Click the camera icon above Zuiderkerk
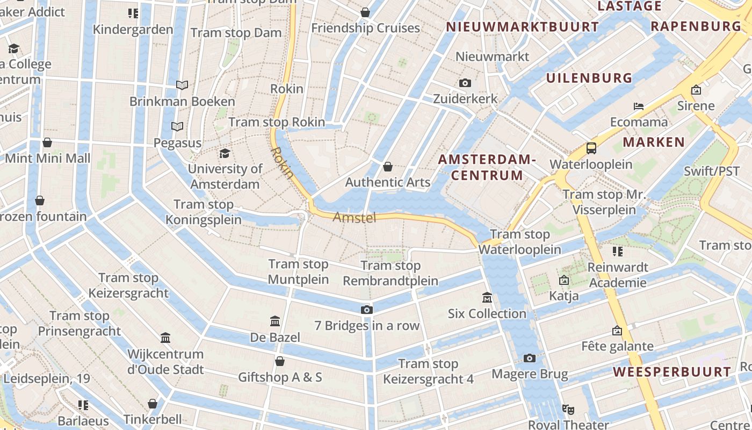tap(465, 83)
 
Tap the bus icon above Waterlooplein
tap(591, 148)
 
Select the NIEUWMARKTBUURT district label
tap(522, 27)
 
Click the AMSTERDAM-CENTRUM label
tap(487, 167)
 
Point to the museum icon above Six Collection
tap(487, 297)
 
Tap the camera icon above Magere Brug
tap(530, 358)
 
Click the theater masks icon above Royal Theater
tap(568, 409)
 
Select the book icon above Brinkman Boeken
tap(182, 85)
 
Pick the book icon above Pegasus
tap(177, 126)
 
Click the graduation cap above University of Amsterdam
tap(225, 153)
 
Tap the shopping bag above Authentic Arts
tap(387, 167)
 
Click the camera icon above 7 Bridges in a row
tap(367, 310)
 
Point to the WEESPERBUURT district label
tap(672, 372)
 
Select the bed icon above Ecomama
tap(638, 106)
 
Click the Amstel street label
tap(354, 217)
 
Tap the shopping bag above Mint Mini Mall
tap(47, 142)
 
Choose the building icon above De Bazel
tap(275, 321)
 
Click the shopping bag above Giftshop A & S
tap(280, 361)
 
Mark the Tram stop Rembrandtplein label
tap(391, 273)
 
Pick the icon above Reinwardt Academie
tap(617, 251)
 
